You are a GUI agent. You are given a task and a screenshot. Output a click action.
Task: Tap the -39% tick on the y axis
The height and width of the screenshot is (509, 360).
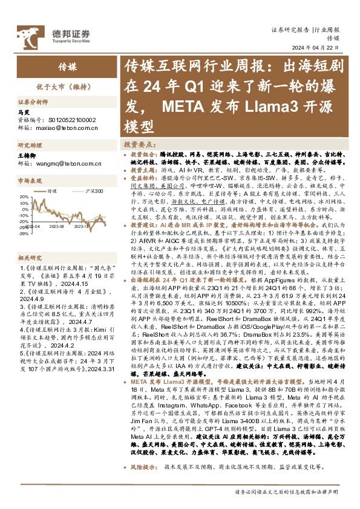tap(23, 232)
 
